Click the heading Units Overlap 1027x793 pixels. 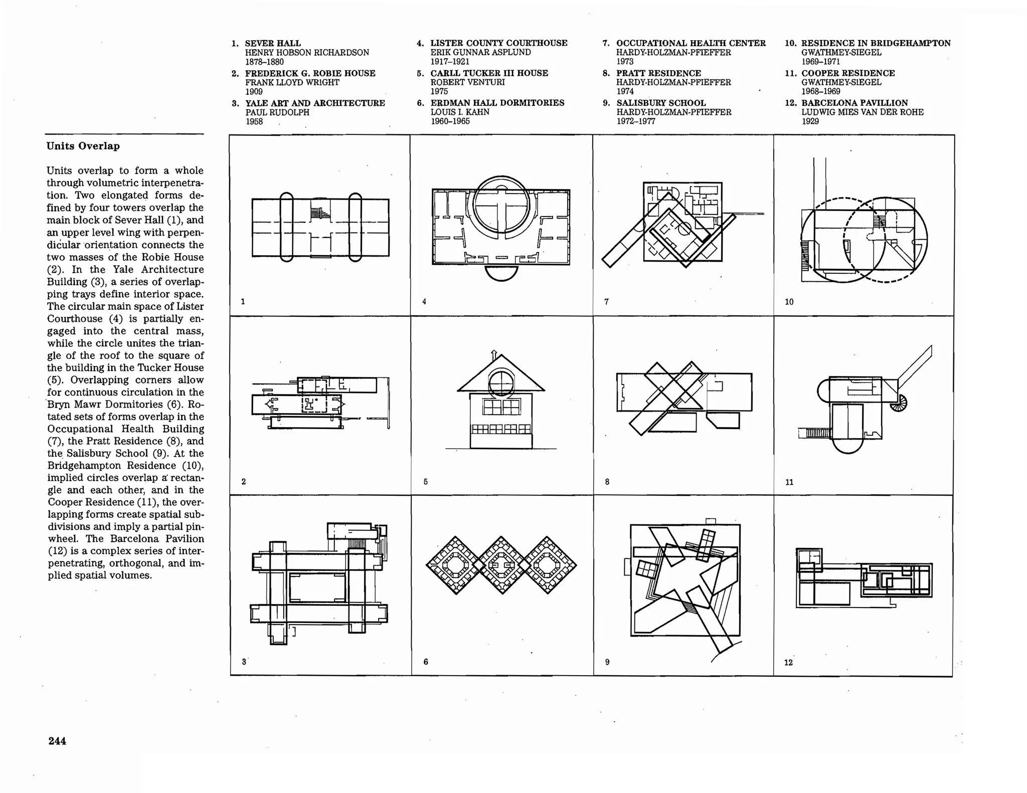83,146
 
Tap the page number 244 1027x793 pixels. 57,741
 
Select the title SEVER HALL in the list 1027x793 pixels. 273,43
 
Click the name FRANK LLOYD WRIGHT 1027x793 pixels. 292,82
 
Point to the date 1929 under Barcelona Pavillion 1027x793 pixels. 810,121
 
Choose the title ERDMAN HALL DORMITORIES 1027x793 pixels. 497,103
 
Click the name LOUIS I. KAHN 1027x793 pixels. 460,112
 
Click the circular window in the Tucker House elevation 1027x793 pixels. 501,383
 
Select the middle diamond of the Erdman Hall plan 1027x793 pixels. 501,565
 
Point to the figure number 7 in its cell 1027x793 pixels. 606,302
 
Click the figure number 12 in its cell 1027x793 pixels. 788,663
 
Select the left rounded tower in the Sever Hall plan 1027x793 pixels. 286,227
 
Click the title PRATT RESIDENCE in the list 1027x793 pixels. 658,73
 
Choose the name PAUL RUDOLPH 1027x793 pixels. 277,112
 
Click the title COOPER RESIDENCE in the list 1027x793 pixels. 848,73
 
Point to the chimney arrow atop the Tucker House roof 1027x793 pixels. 494,354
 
